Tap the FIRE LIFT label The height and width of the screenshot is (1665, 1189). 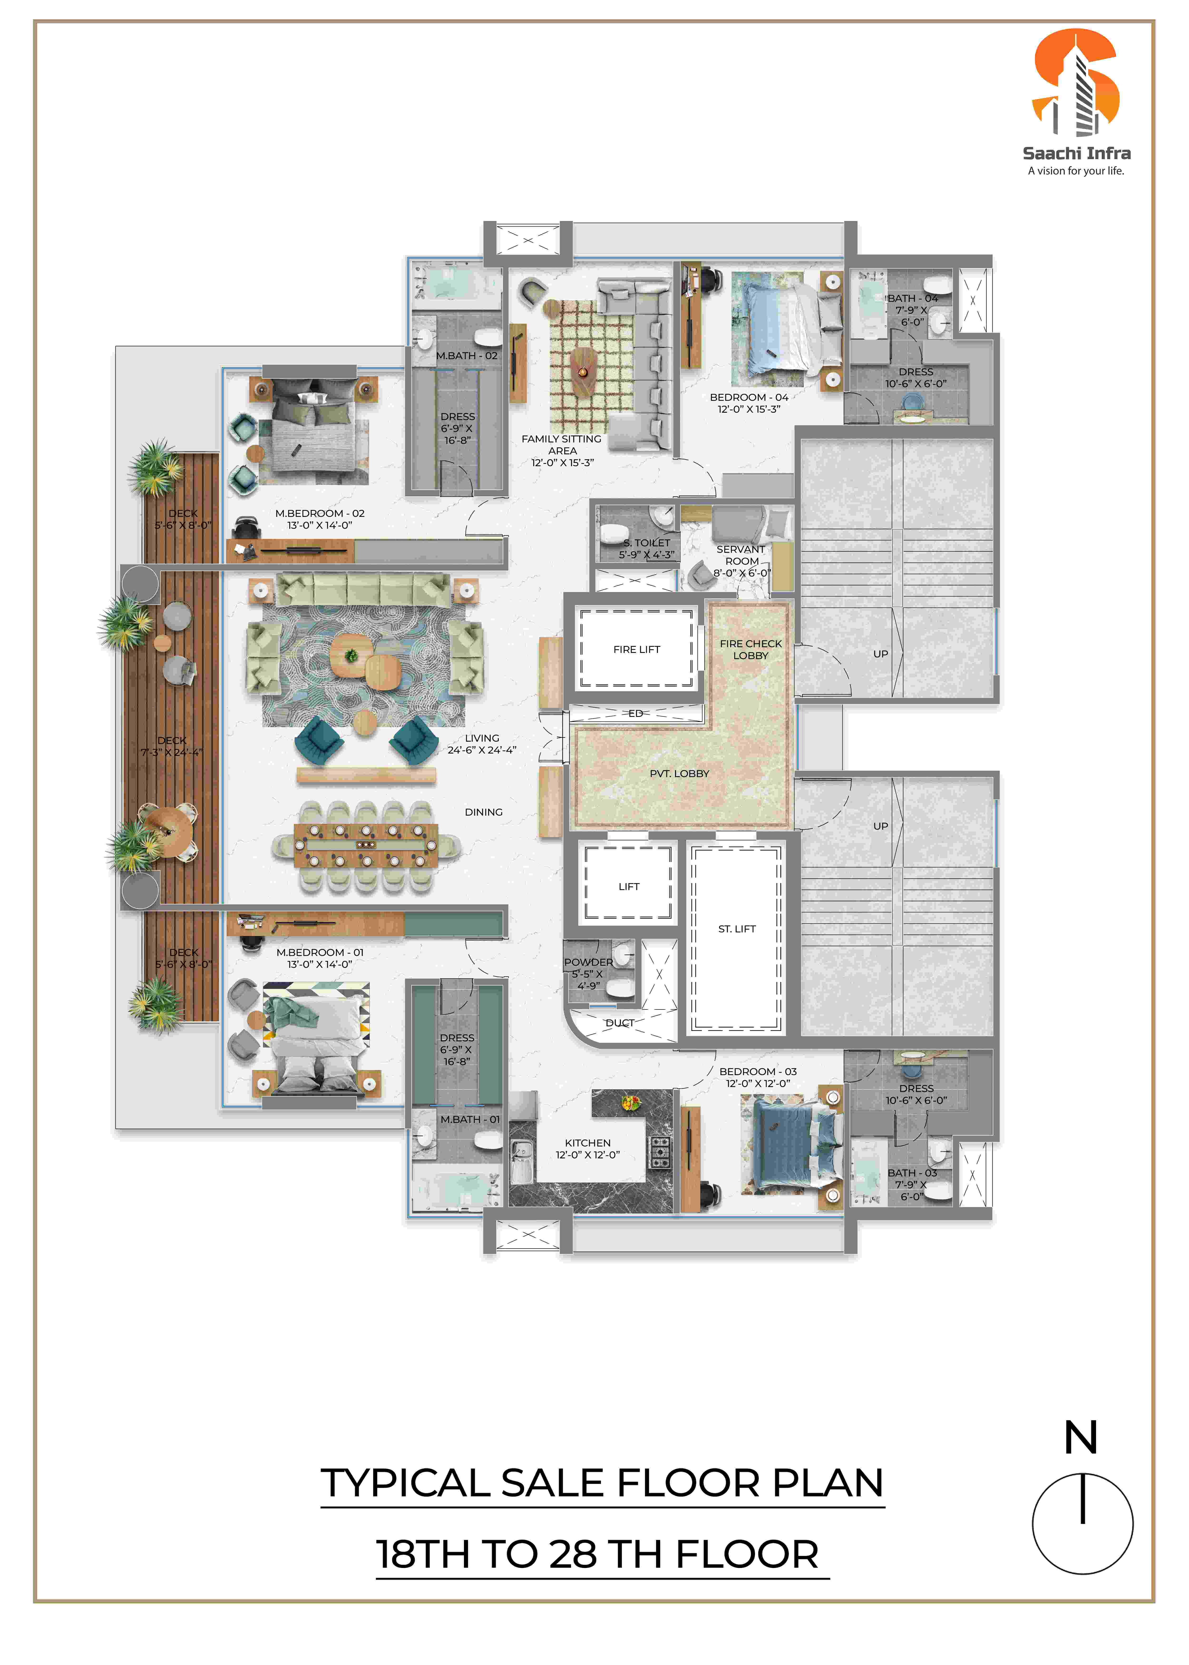[x=636, y=649]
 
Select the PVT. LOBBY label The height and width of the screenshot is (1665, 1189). [x=679, y=773]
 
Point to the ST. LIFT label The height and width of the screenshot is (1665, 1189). [x=736, y=928]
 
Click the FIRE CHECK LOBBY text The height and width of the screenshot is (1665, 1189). [x=750, y=649]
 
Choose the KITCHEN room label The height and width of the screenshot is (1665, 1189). [x=587, y=1143]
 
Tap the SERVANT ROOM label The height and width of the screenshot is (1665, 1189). [x=741, y=555]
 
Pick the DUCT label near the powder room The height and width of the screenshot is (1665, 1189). [x=619, y=1023]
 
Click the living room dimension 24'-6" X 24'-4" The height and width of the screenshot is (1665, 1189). [x=482, y=750]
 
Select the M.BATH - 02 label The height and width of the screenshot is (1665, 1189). [x=466, y=356]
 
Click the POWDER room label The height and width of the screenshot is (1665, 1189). [x=588, y=962]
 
